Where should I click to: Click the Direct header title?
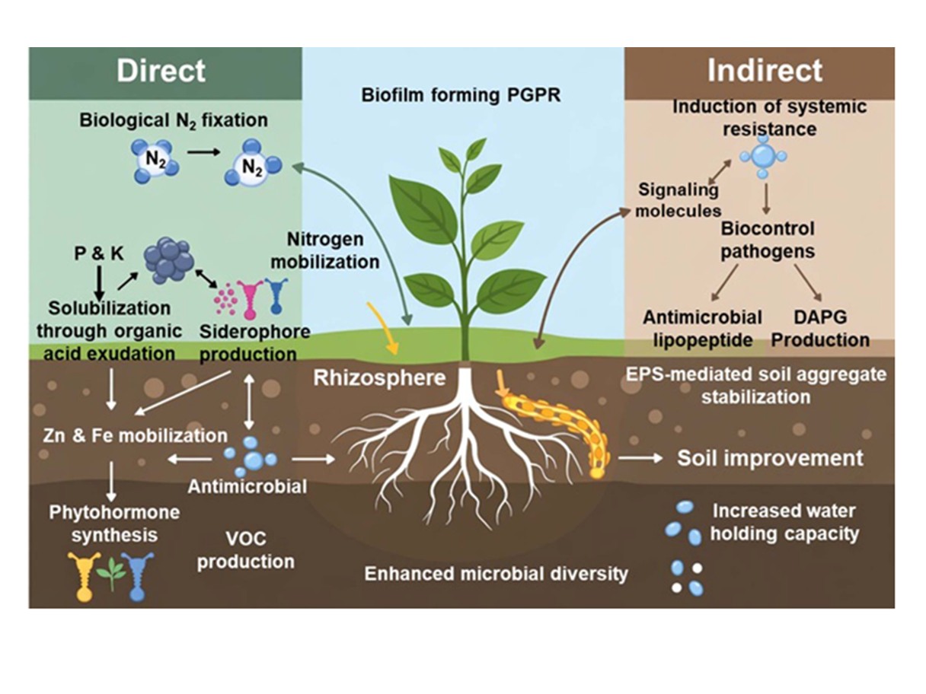coord(161,71)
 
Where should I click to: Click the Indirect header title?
coord(765,70)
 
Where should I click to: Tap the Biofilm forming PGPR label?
coord(461,95)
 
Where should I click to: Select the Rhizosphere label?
coord(379,378)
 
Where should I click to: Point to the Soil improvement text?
coord(770,458)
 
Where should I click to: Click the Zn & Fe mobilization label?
coord(135,435)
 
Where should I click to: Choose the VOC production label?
coord(246,550)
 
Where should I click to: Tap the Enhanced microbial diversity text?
coord(496,574)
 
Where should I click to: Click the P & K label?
coord(99,253)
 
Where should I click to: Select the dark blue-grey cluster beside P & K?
coord(169,260)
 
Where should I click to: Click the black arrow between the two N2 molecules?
coord(204,152)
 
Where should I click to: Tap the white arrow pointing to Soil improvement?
coord(640,458)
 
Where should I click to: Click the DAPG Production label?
coord(821,328)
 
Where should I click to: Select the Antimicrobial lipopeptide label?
coord(702,328)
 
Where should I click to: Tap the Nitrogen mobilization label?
coord(325,250)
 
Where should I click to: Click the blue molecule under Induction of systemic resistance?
coord(763,156)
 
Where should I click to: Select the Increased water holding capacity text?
coord(784,523)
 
